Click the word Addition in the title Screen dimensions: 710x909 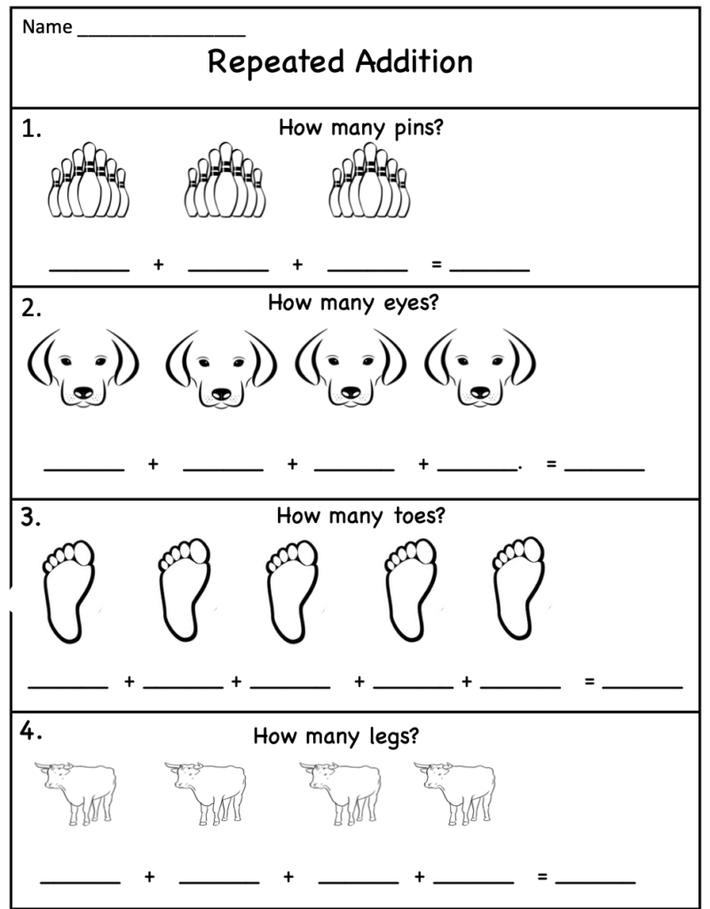tap(414, 61)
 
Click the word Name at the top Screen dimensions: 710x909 tap(48, 27)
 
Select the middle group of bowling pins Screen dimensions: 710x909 tap(225, 179)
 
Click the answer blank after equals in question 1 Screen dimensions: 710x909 tap(490, 270)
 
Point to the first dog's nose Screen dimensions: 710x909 tap(83, 391)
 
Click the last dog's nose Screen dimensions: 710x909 tap(479, 391)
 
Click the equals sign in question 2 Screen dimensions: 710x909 tap(551, 463)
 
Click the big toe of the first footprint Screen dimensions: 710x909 tap(83, 553)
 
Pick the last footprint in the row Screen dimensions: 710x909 tap(518, 589)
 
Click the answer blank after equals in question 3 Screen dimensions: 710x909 tap(643, 688)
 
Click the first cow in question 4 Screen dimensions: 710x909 tap(76, 793)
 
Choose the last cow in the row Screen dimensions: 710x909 tap(455, 793)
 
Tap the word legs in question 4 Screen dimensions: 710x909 tap(393, 737)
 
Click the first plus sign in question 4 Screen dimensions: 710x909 tap(149, 876)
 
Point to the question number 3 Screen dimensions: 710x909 tap(31, 518)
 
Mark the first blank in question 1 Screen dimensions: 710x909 tap(90, 270)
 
